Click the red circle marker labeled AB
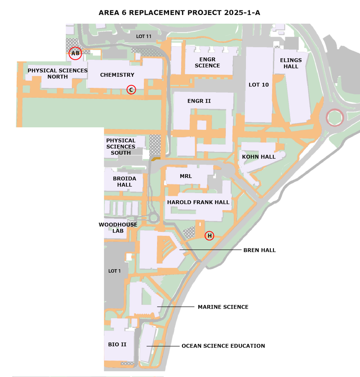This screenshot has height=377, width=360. [75, 53]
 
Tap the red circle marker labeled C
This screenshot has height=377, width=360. [131, 90]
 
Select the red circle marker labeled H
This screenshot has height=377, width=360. [209, 236]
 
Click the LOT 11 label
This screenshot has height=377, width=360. [144, 36]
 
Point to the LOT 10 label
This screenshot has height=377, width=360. [259, 85]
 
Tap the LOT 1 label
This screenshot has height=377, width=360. [114, 271]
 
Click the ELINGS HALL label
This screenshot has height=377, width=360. [291, 63]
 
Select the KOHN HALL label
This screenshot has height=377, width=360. [259, 157]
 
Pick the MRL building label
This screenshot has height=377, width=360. [186, 176]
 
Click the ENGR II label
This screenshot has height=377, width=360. [199, 101]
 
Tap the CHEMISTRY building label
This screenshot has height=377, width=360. [117, 75]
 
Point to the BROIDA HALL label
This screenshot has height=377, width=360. [125, 182]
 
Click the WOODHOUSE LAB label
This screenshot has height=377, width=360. [118, 228]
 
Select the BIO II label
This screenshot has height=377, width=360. [117, 344]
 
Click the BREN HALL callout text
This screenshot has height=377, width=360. [259, 250]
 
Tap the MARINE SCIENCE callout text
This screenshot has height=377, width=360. [223, 307]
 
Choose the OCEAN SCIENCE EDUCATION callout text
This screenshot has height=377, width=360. [223, 346]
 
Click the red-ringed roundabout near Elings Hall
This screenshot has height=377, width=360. [335, 109]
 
